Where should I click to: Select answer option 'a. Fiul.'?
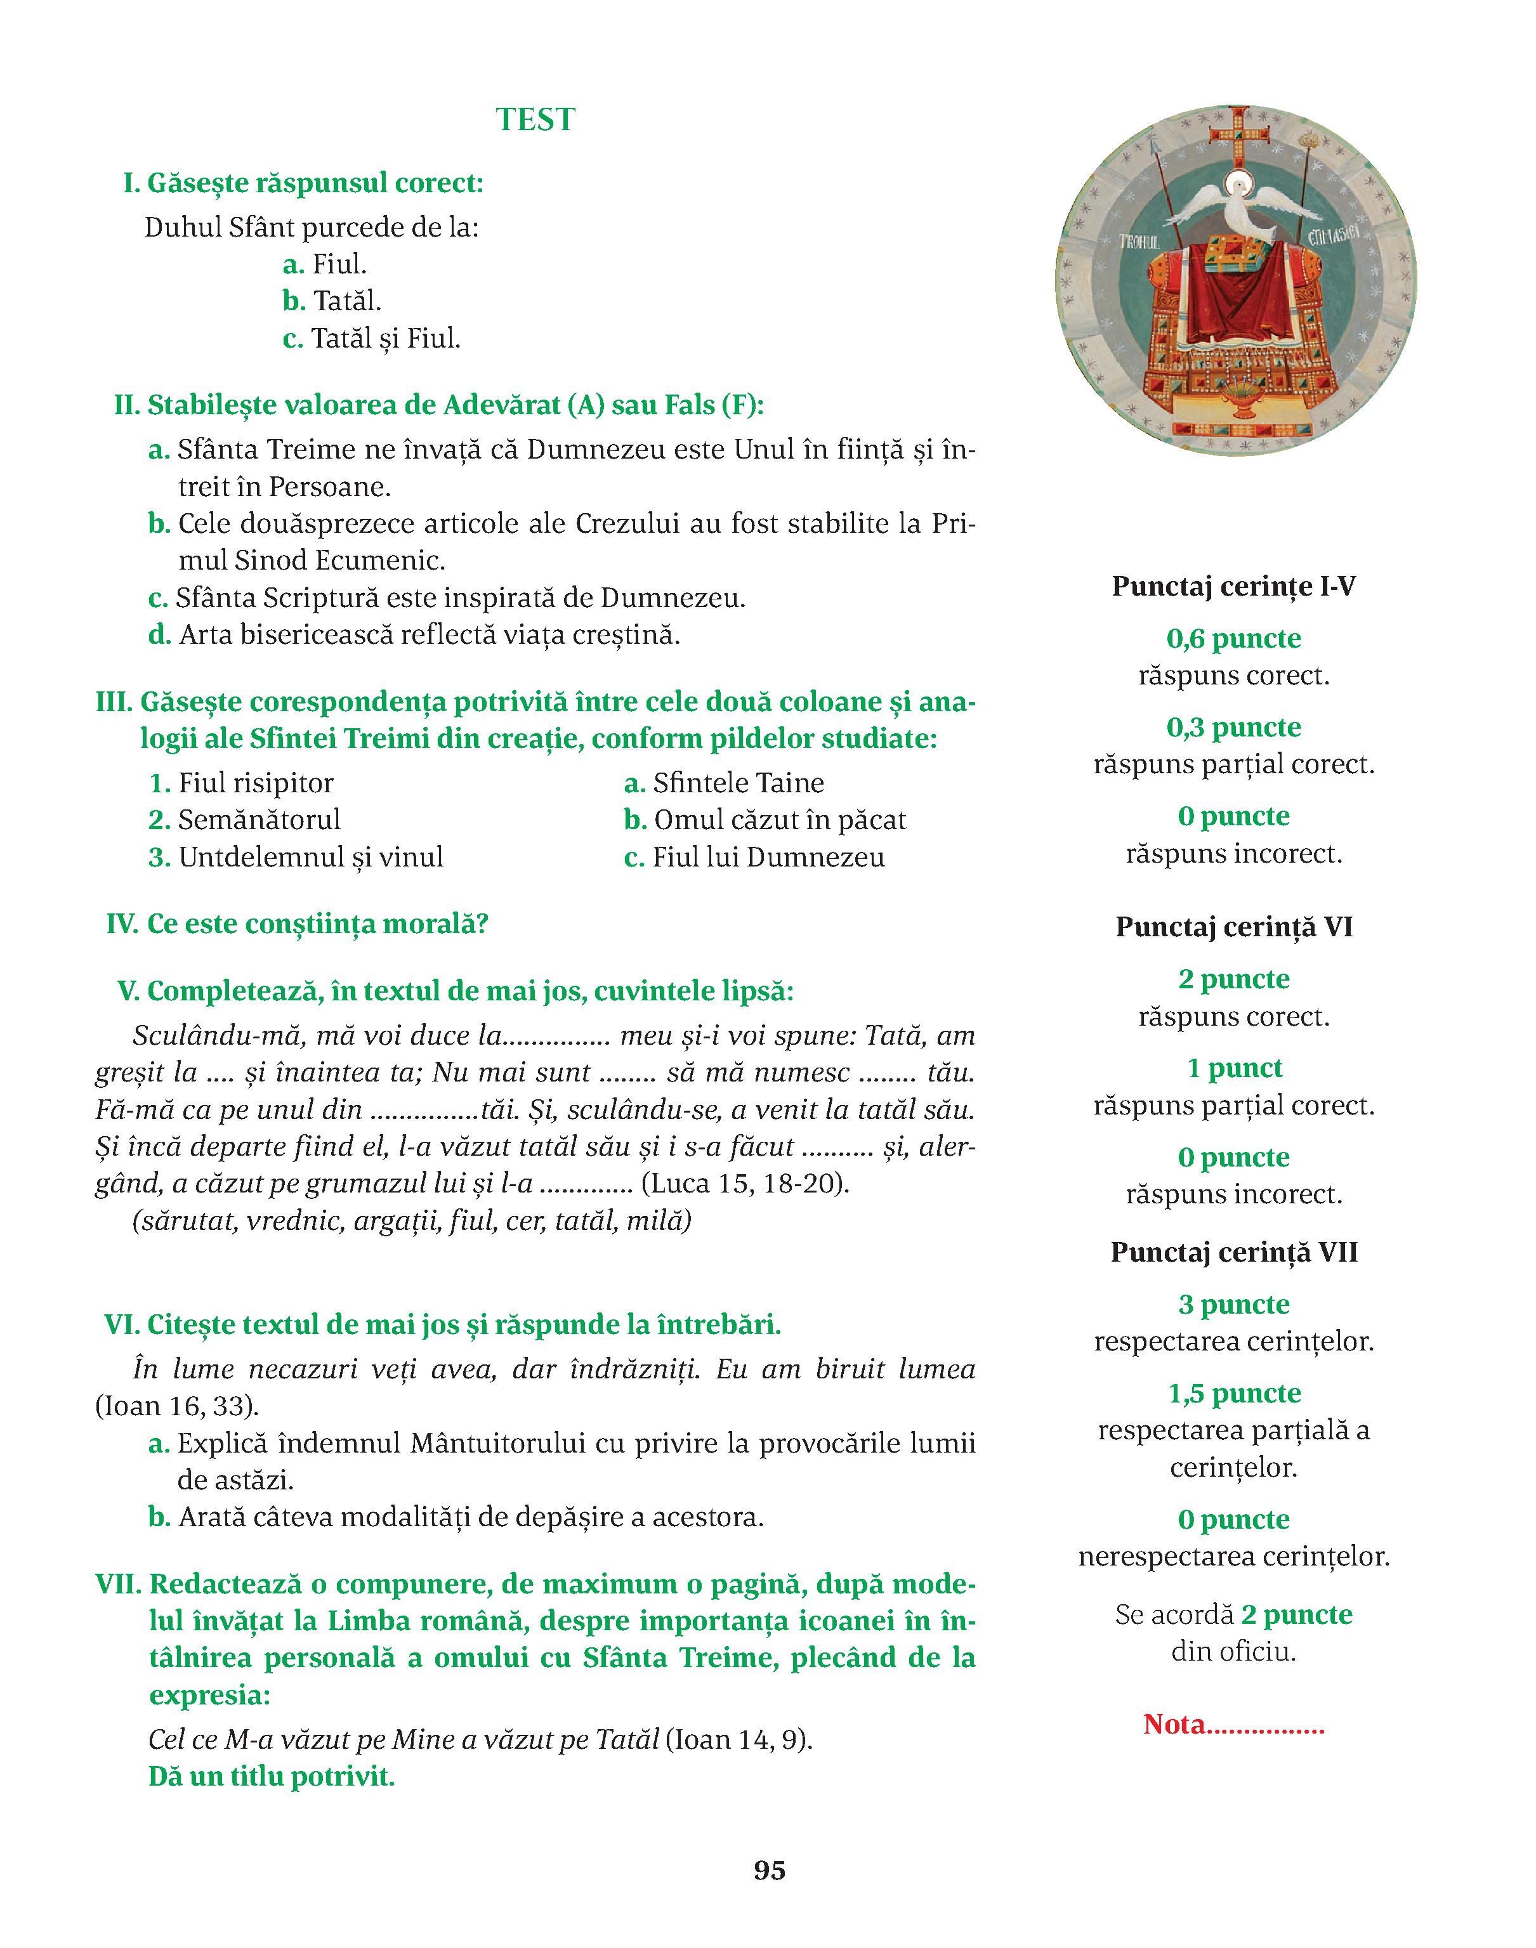(325, 265)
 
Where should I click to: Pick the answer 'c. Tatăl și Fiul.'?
(371, 339)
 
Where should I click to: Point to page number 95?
(769, 1871)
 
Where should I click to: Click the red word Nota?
(1174, 1724)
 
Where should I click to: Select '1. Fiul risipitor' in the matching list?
(241, 783)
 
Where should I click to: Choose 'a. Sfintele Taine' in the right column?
(724, 783)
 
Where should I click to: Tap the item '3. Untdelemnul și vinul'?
(296, 858)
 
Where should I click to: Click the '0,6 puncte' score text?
(1234, 638)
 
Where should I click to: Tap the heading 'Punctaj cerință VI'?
(1234, 927)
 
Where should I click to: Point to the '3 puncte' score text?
(1234, 1304)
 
